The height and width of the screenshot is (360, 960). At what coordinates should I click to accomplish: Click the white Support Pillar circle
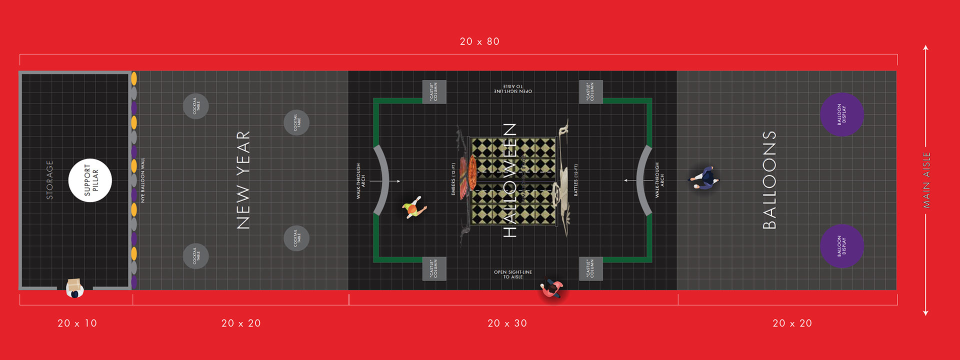point(90,180)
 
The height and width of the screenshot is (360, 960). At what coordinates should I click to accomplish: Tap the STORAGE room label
point(49,180)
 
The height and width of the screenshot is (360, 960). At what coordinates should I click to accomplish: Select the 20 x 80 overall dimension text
point(479,41)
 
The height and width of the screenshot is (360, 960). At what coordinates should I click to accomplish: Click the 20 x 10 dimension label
point(77,323)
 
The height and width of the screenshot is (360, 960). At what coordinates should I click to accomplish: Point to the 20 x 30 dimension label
point(507,323)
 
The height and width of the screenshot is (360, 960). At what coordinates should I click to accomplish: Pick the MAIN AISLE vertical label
point(926,180)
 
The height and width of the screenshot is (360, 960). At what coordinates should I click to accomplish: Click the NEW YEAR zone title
point(243,180)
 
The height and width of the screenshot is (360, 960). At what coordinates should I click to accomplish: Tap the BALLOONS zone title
point(769,180)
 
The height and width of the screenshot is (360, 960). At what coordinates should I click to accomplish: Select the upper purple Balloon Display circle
point(841,114)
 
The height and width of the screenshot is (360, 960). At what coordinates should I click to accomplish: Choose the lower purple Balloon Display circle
point(841,246)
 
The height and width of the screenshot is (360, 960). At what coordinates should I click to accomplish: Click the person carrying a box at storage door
point(74,288)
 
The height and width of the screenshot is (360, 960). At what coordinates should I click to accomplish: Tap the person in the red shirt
point(551,288)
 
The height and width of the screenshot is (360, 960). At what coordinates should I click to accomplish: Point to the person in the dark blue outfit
point(705,178)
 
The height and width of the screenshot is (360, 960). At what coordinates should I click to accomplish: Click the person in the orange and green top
point(414,207)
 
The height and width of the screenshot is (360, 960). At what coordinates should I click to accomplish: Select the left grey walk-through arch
point(382,180)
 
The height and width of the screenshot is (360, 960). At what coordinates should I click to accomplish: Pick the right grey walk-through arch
point(643,180)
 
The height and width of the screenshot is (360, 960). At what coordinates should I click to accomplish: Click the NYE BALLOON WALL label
point(142,180)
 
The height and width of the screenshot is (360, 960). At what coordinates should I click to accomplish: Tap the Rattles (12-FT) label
point(576,180)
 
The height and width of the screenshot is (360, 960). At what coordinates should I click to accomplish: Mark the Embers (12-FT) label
point(453,179)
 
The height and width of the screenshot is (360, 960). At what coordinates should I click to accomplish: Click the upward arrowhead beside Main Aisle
point(925,48)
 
